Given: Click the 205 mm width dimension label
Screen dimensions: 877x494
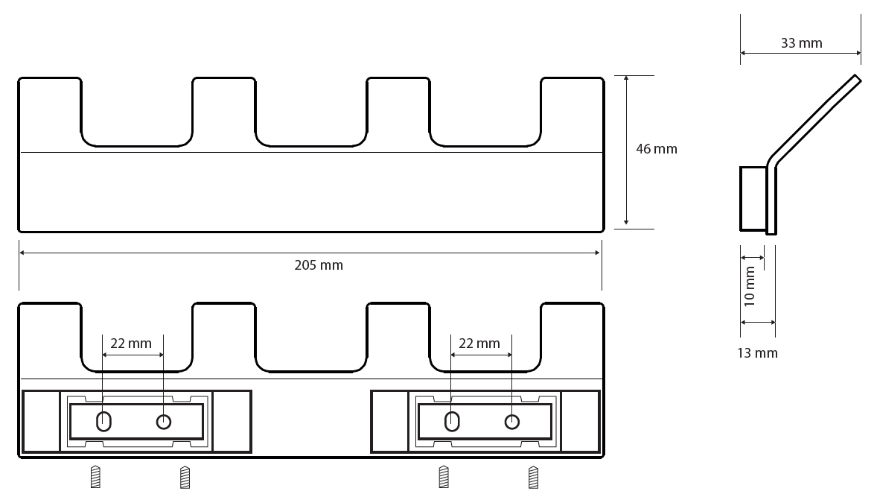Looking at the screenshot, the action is tap(318, 265).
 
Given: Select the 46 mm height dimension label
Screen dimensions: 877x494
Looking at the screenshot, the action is tap(657, 149).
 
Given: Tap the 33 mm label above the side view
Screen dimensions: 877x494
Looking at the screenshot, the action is tap(802, 43).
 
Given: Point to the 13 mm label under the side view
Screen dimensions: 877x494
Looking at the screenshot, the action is tap(757, 353).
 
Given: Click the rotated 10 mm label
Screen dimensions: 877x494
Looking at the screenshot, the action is tap(750, 286).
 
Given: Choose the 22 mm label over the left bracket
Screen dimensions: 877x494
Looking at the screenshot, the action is tap(131, 343).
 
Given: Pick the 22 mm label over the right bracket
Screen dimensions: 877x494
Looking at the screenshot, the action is tap(479, 343).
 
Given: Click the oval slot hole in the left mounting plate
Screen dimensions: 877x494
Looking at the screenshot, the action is tap(103, 421).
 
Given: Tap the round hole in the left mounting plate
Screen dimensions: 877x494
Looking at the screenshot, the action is tap(163, 421).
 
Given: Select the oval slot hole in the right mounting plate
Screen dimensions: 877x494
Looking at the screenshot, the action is tap(452, 421).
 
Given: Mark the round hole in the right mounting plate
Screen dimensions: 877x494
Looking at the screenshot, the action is tap(511, 421).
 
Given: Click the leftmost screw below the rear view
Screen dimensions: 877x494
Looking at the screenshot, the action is tap(95, 477).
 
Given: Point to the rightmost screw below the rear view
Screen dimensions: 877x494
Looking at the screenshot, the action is tap(533, 477).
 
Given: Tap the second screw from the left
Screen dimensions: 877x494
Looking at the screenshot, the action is tap(185, 477).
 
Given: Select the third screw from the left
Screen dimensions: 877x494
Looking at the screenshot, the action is tap(444, 477).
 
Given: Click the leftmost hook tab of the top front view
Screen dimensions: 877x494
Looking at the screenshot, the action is tap(50, 112).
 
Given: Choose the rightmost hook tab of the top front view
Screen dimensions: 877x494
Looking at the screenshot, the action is tap(573, 112).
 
